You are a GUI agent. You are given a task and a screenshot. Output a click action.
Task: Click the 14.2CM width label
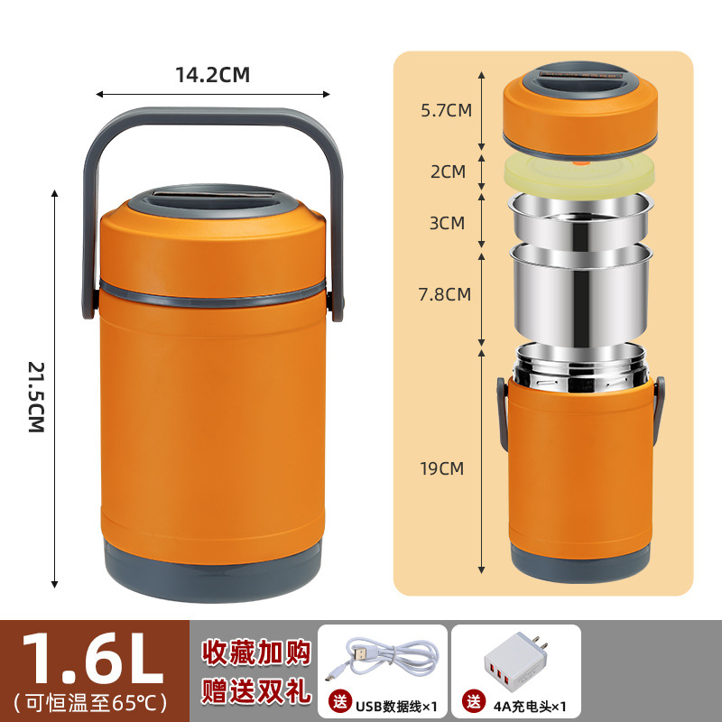coord(212,75)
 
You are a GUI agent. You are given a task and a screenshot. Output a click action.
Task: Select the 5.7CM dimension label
coord(447,111)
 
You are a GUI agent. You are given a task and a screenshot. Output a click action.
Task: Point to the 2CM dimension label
coord(448,171)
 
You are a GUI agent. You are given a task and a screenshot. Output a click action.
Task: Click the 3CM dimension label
coord(447,222)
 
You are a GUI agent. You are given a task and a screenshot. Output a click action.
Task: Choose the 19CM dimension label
coord(442,467)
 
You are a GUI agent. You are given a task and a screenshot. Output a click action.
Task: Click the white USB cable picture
coord(382,655)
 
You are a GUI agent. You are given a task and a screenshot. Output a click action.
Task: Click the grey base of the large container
coord(213,561)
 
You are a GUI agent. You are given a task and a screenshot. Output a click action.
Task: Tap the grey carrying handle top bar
coord(213,116)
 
